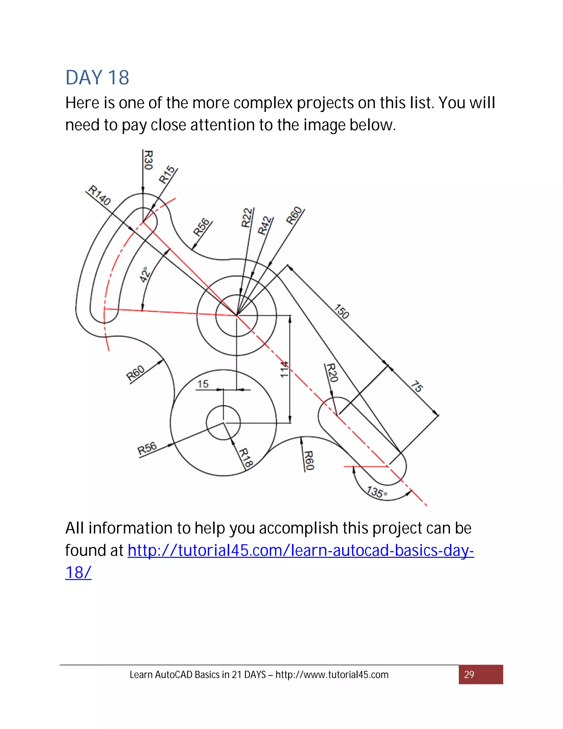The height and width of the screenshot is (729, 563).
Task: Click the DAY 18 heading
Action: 97,78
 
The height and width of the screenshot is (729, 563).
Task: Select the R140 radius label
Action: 99,195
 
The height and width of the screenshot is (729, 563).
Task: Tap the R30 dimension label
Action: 148,160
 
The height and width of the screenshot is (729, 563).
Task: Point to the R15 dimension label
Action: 167,175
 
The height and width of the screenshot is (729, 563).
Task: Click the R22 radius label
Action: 247,218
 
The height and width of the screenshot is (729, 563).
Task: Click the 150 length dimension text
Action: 341,311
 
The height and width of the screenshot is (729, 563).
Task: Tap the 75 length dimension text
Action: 416,386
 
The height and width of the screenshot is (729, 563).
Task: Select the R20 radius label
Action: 332,373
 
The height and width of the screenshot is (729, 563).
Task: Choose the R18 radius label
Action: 246,458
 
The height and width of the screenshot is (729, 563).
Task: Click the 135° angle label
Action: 377,492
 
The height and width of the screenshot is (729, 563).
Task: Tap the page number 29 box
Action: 480,675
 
